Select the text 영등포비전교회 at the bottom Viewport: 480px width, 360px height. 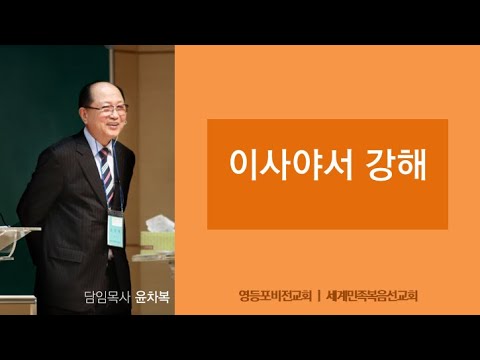click(272, 296)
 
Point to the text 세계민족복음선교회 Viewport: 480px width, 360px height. click(373, 296)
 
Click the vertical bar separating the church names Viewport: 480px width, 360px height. click(318, 296)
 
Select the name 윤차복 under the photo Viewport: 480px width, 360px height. click(151, 296)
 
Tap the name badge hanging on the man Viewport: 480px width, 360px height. click(115, 229)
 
